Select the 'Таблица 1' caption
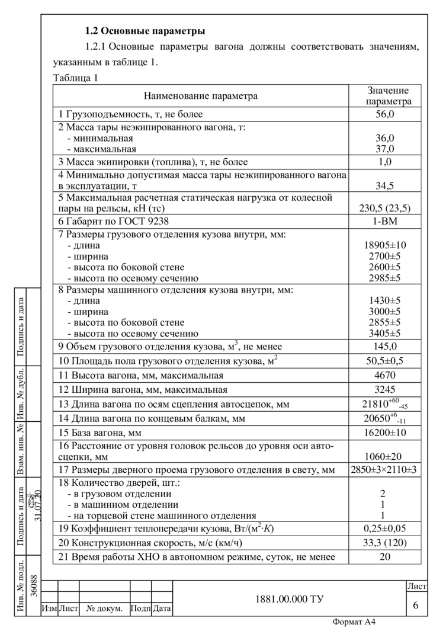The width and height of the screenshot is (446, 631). point(75,78)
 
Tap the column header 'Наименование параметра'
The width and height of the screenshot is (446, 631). point(201,96)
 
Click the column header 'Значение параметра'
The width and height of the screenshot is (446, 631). point(388,96)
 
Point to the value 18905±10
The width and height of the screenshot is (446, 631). point(384,245)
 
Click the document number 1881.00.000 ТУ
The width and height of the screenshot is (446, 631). point(289,599)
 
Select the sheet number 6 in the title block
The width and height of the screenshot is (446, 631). point(416,604)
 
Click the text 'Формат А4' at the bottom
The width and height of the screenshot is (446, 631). point(354,622)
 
